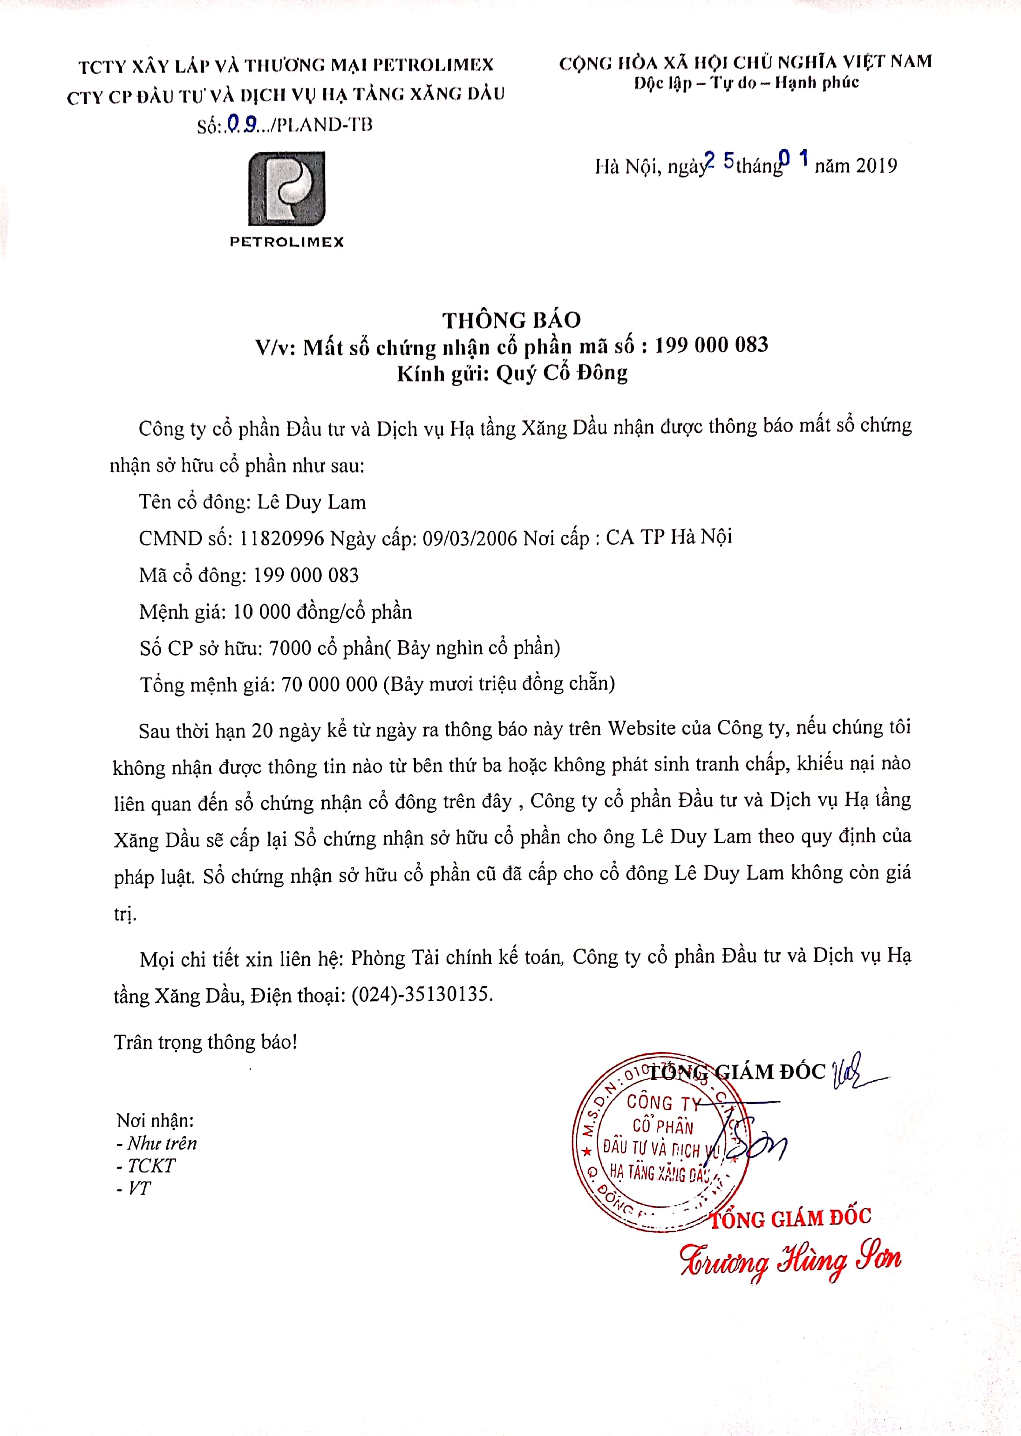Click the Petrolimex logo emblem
(x=286, y=189)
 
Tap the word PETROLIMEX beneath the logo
(x=286, y=242)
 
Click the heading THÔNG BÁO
(x=511, y=320)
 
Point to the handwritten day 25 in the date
(x=719, y=162)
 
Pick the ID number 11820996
(x=282, y=539)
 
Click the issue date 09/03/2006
(x=470, y=539)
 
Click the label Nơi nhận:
(x=155, y=1120)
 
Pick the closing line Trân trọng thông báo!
(x=205, y=1042)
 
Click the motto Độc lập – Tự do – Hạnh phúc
(x=746, y=83)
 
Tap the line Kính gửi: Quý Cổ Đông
(x=512, y=373)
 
